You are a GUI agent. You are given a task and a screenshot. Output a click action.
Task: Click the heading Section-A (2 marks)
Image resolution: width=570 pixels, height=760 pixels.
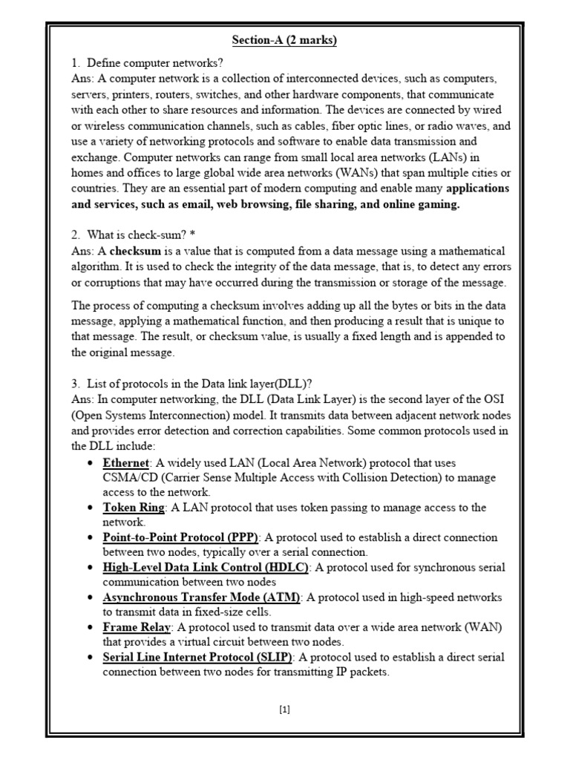click(284, 40)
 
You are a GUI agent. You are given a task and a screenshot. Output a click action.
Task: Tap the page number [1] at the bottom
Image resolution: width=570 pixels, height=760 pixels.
click(285, 709)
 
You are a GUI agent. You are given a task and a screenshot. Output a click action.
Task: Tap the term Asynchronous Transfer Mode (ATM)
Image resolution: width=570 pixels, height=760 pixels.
click(201, 597)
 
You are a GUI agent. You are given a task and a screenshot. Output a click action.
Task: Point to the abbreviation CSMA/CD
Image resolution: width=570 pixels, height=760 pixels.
click(128, 478)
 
